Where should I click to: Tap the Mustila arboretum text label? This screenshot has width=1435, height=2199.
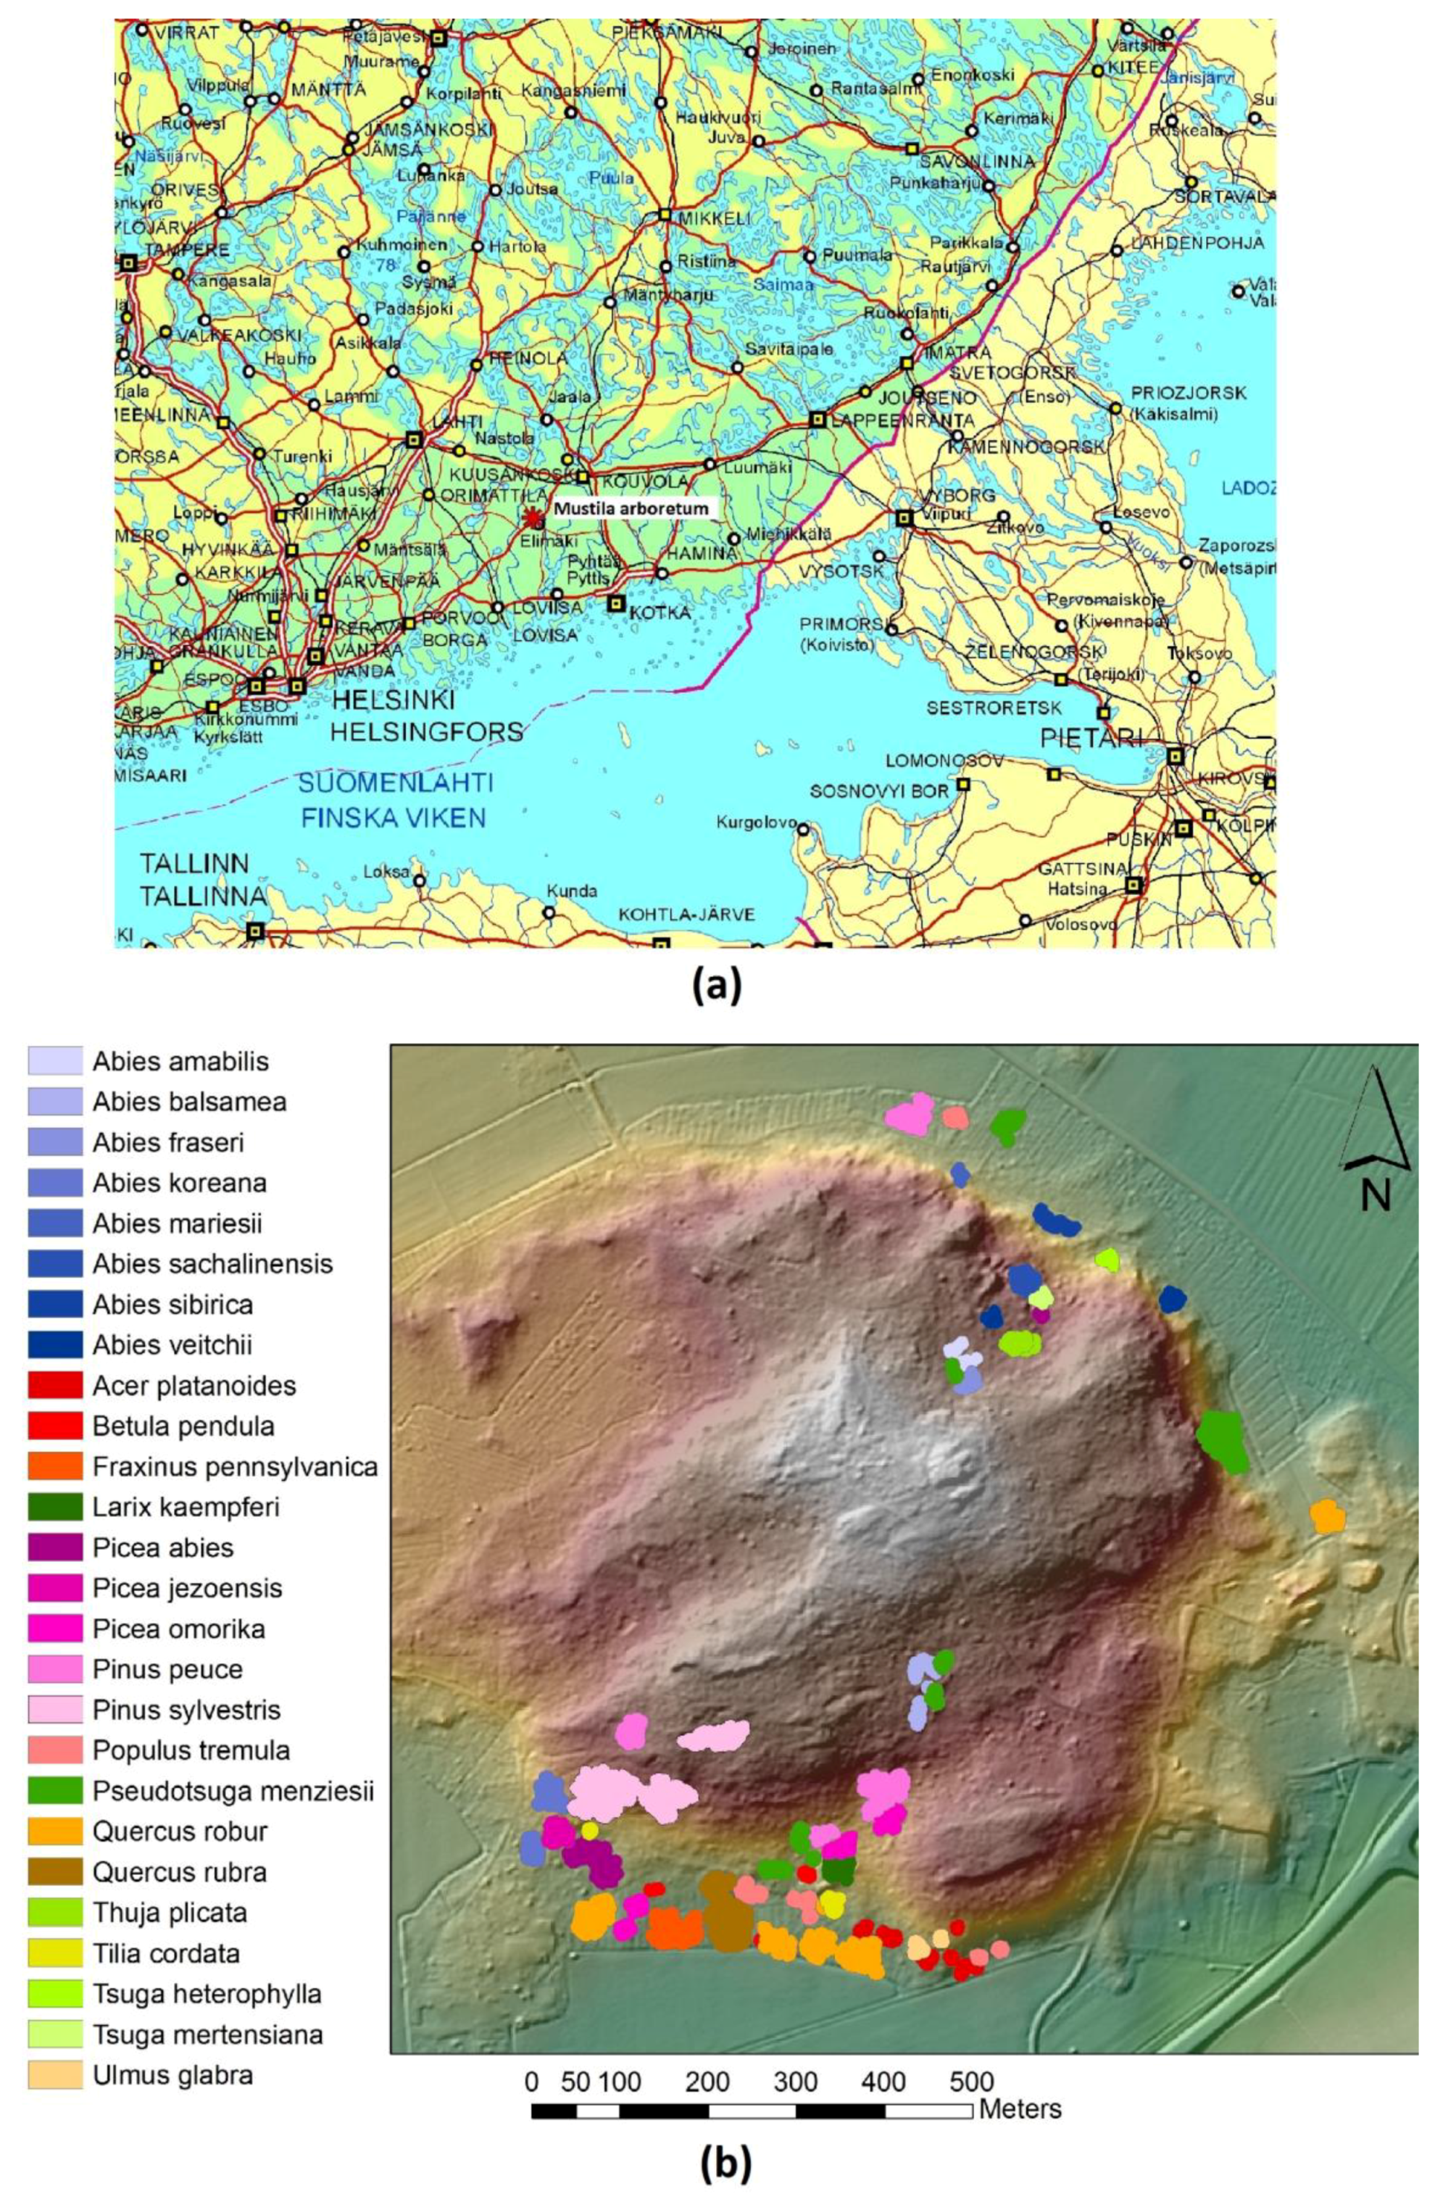tap(631, 509)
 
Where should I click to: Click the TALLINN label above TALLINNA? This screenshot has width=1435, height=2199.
tap(194, 864)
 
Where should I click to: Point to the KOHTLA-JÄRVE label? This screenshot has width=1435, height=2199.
tap(686, 915)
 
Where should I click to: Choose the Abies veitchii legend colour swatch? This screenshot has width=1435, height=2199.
tap(55, 1345)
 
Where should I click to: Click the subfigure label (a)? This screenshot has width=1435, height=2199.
tap(716, 986)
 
